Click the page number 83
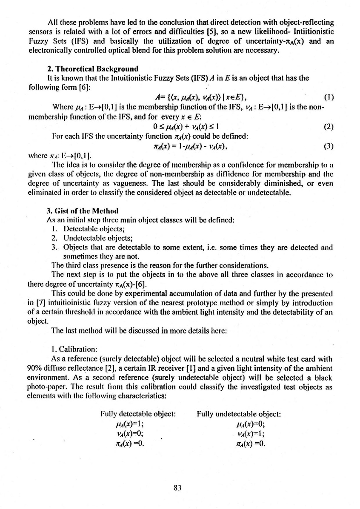coord(178,488)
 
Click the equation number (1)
coord(329,97)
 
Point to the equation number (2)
coord(329,127)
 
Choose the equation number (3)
coord(329,146)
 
